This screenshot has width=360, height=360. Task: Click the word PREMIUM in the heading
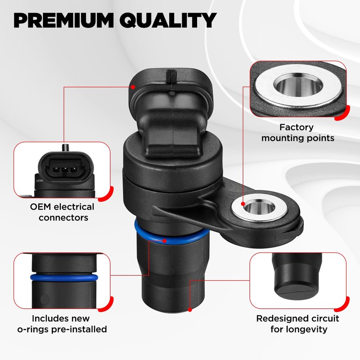point(63,20)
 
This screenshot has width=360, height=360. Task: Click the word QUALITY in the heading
point(168,20)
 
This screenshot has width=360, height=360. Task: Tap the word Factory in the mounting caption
point(296,127)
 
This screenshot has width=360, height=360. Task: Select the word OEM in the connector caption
point(40,207)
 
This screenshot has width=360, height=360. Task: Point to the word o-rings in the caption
point(33,329)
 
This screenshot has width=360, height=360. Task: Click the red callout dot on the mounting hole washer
point(243,204)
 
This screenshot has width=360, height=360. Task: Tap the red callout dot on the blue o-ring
point(164,241)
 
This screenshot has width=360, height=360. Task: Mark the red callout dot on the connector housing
point(133,87)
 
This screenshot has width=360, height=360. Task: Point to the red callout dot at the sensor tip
point(190,310)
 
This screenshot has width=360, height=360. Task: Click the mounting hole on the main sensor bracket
point(259,207)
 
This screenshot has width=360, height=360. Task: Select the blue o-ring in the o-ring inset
point(64,277)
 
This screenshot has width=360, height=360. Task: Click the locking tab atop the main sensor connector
point(171,77)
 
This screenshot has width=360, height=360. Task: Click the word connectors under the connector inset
point(63,218)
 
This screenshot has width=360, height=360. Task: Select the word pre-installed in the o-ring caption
point(79,329)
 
